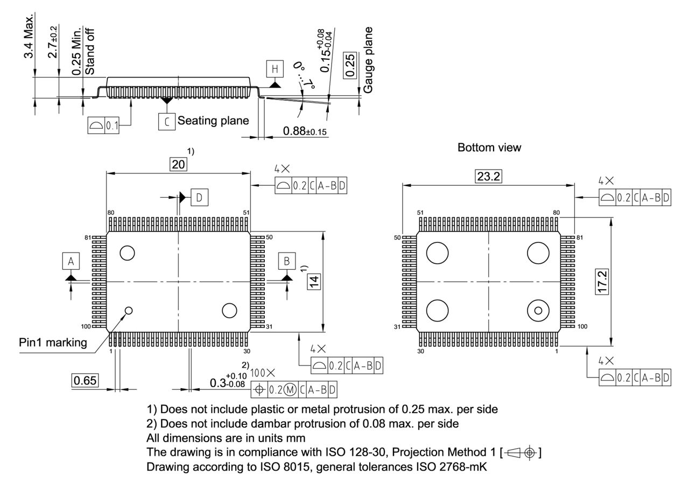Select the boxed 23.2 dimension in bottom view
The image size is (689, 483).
click(x=488, y=176)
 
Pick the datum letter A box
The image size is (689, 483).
click(x=71, y=261)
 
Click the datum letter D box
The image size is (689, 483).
click(x=199, y=198)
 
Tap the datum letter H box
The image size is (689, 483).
click(x=275, y=69)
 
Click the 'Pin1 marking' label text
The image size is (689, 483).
click(x=53, y=342)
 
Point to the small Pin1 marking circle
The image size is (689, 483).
click(x=129, y=310)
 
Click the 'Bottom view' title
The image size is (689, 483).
click(x=489, y=147)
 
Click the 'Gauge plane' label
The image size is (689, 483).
click(x=368, y=60)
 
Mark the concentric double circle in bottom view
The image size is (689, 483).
click(x=538, y=310)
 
